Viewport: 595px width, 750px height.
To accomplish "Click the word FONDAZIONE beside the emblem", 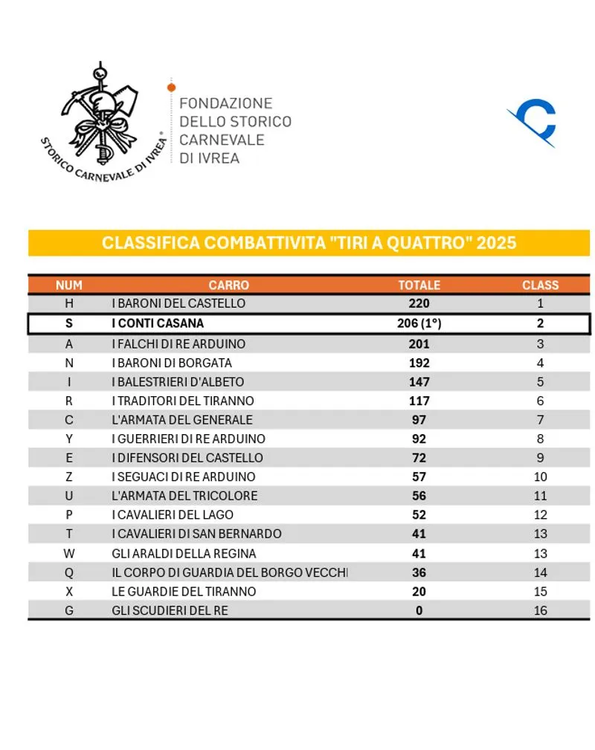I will [226, 103].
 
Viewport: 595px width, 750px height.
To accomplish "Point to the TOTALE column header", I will [419, 285].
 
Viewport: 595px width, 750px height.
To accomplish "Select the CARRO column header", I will [228, 285].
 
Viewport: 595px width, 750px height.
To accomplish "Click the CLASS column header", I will [540, 285].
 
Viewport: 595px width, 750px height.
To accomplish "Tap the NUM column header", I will [69, 285].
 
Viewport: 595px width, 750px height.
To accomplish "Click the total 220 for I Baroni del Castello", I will [419, 303].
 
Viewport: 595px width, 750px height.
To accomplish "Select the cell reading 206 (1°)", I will [420, 323].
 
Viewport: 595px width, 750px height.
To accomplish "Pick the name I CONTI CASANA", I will [158, 323].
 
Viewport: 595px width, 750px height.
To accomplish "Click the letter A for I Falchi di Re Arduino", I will [69, 343].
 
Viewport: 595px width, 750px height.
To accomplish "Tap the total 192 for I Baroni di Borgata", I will [419, 363].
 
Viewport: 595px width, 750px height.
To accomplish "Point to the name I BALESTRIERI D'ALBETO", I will [178, 382].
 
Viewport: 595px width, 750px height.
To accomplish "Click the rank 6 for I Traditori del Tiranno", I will [540, 401].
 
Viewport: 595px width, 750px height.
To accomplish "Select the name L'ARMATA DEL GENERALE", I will [182, 420].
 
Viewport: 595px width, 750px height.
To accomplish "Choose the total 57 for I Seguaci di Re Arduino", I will [419, 476].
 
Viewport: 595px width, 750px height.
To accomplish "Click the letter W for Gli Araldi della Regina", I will [69, 553].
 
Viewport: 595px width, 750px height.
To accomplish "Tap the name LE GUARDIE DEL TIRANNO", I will [184, 591].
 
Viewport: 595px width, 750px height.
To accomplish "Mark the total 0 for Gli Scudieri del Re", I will [419, 610].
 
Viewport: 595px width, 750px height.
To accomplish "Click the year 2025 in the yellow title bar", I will [496, 243].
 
